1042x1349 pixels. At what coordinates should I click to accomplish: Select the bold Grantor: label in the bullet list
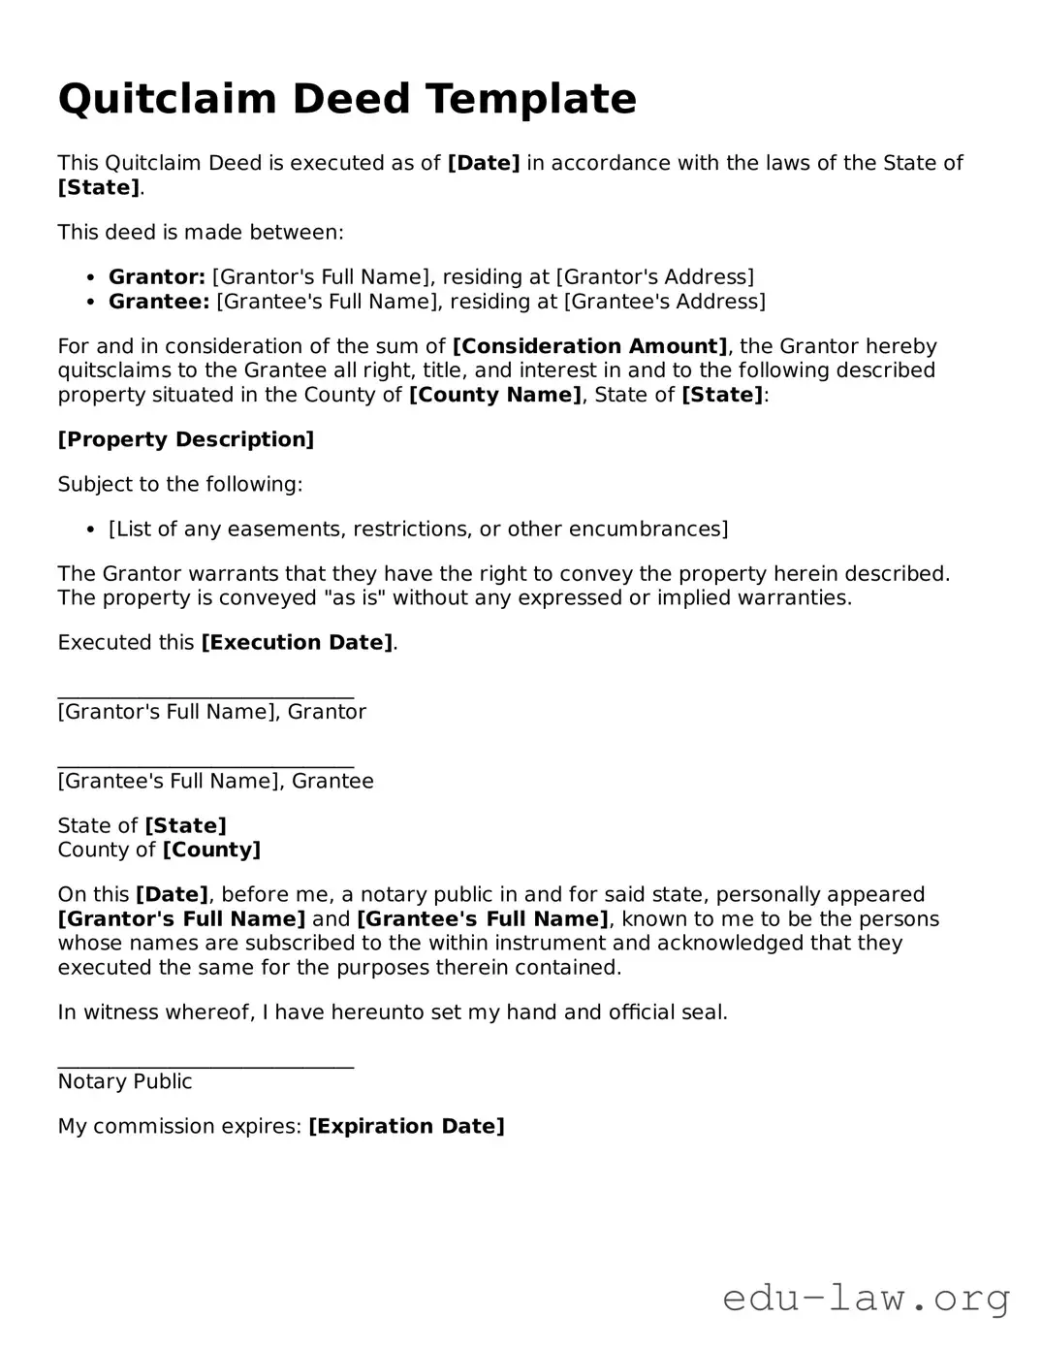156,277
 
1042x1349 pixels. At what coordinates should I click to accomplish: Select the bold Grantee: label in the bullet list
159,302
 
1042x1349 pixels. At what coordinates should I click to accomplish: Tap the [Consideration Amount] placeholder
589,346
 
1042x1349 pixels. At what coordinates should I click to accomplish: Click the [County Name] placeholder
495,395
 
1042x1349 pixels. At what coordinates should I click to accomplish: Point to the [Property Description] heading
186,439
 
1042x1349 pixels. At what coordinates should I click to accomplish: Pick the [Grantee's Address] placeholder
664,302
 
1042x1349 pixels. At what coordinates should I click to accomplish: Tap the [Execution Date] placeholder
297,643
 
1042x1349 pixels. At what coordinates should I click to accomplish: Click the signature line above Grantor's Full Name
205,696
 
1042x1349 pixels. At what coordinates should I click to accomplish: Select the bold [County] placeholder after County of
211,851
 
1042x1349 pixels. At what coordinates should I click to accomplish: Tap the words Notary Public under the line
125,1082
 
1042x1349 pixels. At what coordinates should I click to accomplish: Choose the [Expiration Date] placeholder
406,1127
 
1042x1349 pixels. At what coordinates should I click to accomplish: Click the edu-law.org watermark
866,1298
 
